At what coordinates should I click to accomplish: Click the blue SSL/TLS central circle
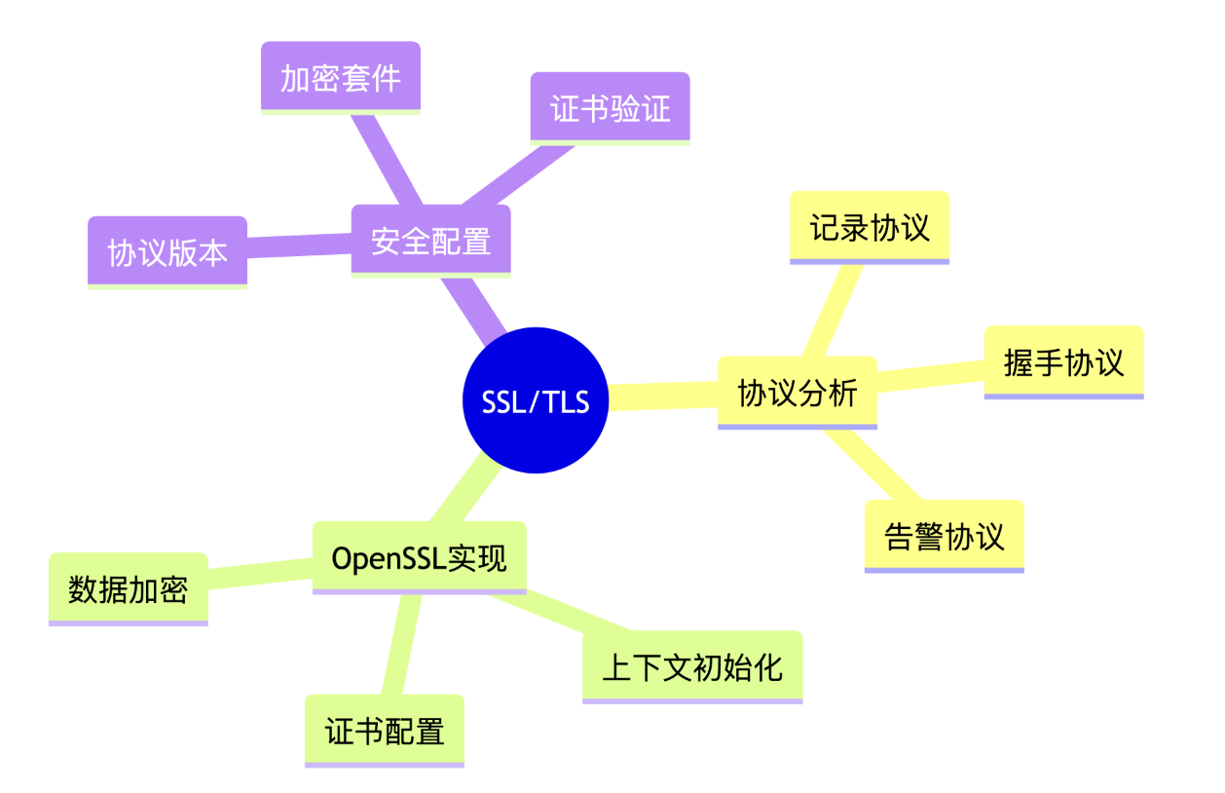[536, 400]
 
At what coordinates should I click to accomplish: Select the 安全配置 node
[430, 240]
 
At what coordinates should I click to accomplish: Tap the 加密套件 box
[340, 77]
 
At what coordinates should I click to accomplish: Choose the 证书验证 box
[610, 107]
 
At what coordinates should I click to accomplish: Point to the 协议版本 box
[167, 251]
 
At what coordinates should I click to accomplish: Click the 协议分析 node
[797, 392]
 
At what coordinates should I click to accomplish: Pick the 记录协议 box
[869, 226]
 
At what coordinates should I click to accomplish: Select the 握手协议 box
[1063, 361]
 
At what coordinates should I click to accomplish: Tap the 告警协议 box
[944, 535]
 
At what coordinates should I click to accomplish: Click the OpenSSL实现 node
[419, 557]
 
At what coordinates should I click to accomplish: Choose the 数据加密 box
[128, 587]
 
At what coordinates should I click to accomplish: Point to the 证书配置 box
[384, 730]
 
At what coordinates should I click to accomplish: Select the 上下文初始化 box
[692, 666]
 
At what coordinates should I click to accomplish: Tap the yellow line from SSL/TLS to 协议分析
[663, 396]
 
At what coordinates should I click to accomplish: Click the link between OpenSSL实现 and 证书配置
[400, 643]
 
